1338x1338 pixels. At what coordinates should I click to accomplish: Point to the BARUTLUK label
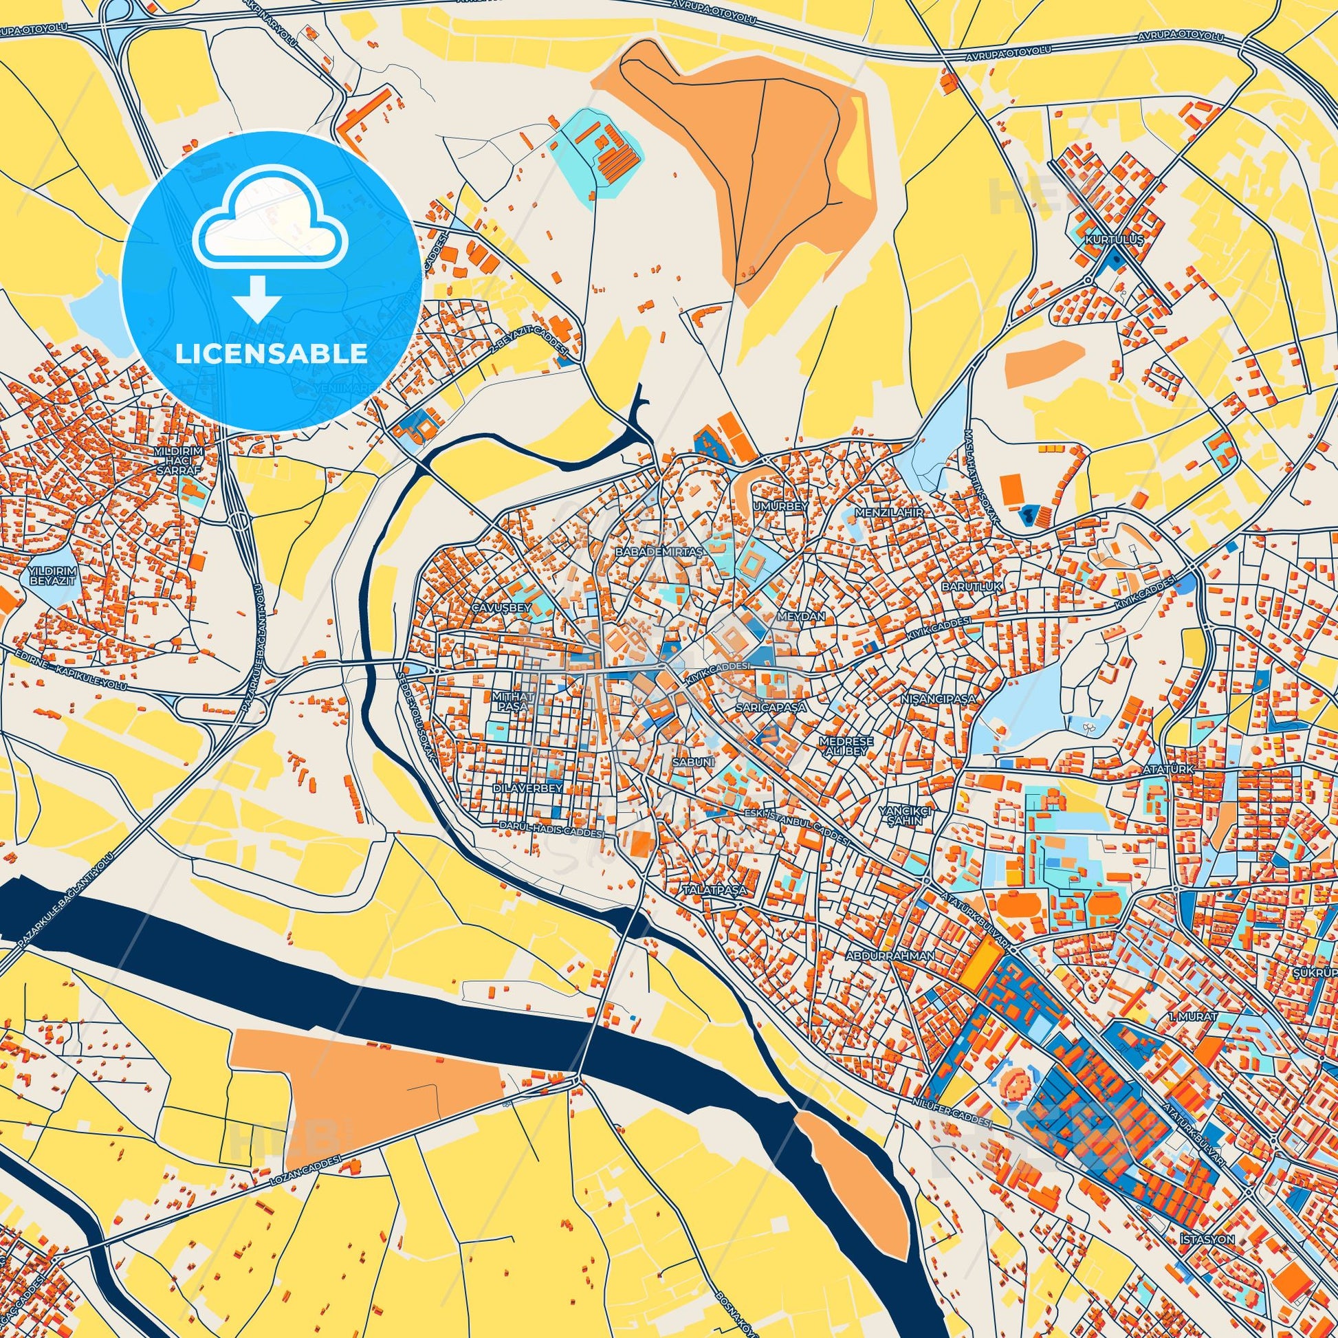tap(961, 586)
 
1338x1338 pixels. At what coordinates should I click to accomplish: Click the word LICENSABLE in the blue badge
tap(271, 353)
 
